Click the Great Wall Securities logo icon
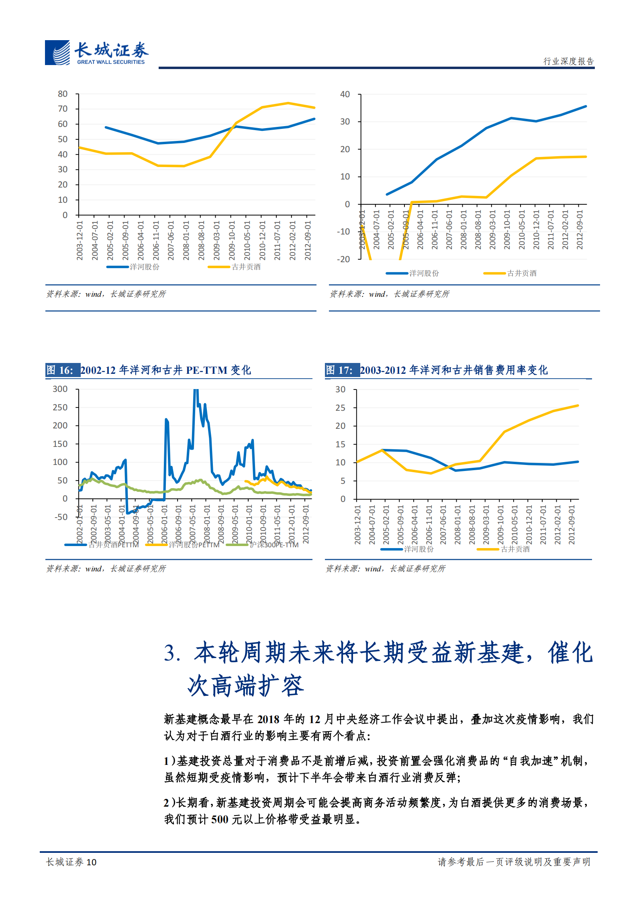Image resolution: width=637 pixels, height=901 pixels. [x=57, y=53]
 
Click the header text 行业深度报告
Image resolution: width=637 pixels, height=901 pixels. [x=568, y=61]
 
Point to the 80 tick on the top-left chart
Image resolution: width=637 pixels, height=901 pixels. [x=63, y=94]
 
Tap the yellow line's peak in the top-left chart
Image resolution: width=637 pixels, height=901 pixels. [x=288, y=103]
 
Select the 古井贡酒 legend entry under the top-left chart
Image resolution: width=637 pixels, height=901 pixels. [x=246, y=267]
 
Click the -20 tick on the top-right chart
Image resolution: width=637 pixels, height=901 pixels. [x=343, y=259]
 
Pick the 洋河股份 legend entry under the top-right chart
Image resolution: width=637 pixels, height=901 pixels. [x=424, y=273]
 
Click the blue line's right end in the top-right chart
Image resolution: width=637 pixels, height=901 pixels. [x=586, y=106]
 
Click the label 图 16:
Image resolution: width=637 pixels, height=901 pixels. [x=60, y=370]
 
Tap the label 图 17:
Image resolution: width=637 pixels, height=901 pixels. [x=339, y=370]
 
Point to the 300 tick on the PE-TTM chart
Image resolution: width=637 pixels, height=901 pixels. [x=60, y=389]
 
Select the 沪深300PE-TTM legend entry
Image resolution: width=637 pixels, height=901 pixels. [x=274, y=545]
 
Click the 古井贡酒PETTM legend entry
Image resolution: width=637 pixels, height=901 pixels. [x=113, y=545]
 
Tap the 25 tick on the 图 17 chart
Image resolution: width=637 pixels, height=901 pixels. [x=340, y=408]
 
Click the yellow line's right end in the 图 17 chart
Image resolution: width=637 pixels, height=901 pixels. [x=578, y=406]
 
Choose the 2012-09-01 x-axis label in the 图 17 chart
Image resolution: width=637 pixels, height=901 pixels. [x=572, y=525]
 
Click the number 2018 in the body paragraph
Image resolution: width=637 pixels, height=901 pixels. [x=268, y=720]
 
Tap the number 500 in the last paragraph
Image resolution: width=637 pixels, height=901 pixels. [x=220, y=819]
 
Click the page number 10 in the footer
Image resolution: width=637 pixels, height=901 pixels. [x=92, y=862]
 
